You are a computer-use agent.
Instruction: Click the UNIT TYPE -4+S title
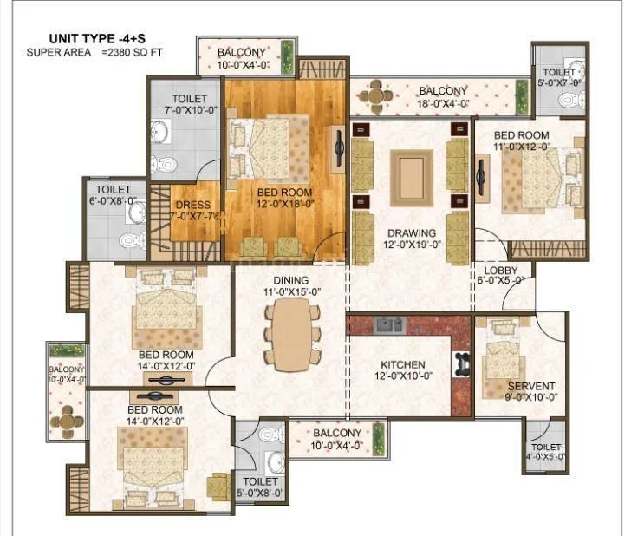pos(96,38)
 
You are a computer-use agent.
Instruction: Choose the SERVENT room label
pos(531,386)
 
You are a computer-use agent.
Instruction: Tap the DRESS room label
pos(193,206)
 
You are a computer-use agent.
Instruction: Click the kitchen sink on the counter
pos(387,325)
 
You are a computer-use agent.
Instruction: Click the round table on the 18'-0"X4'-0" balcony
pos(375,93)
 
